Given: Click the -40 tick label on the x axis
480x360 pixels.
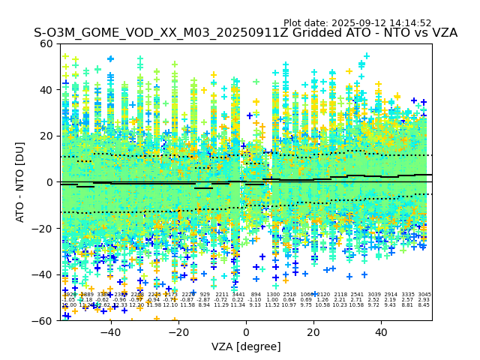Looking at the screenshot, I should (x=110, y=331).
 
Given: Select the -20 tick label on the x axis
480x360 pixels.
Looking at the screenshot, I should (x=178, y=331).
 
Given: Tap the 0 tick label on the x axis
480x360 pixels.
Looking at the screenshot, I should (x=246, y=331).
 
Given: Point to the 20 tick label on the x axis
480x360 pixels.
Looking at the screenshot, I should (x=313, y=331).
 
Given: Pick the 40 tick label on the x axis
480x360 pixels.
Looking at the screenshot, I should (x=381, y=331).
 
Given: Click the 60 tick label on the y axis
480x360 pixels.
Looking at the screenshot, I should (x=46, y=43).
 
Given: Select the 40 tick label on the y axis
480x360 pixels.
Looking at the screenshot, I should (x=46, y=90).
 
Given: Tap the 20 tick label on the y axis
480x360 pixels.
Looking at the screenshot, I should (x=46, y=136).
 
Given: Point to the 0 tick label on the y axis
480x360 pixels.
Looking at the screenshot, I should (x=49, y=182).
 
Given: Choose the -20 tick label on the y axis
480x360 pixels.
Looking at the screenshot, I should (x=43, y=228).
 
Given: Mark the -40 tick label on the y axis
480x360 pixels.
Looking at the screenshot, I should (x=43, y=274).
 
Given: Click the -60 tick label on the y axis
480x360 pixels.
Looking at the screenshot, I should (x=43, y=320).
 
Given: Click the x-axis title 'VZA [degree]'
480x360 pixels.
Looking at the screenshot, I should (x=246, y=346).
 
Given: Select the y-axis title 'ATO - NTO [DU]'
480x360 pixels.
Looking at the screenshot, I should (x=21, y=182).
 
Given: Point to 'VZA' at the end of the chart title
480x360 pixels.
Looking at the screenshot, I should (x=442, y=33).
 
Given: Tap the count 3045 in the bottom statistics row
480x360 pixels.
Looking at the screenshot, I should (x=424, y=295).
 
